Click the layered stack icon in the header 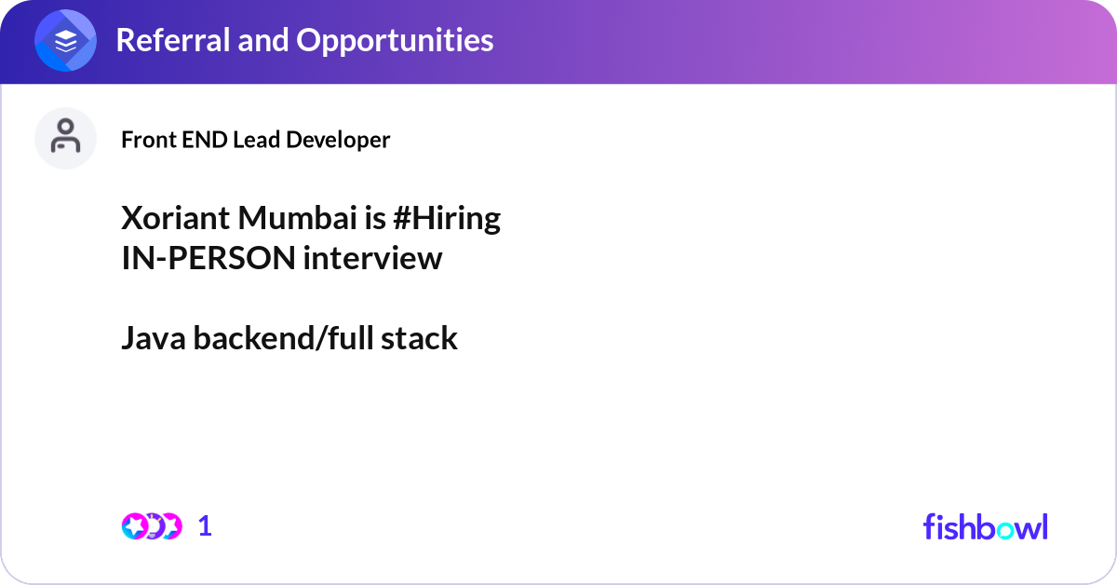pos(65,40)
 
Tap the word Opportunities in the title pos(395,41)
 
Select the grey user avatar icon pos(65,138)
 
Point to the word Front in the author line pos(149,140)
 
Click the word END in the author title pos(205,140)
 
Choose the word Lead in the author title pos(256,140)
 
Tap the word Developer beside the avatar pos(338,141)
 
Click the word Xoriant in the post pos(176,218)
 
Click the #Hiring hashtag pos(447,220)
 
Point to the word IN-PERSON pos(209,258)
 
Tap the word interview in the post pos(372,258)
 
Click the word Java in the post pos(154,338)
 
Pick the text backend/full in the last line pos(283,338)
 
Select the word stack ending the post pos(419,338)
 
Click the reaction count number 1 pos(205,526)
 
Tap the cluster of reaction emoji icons pos(152,526)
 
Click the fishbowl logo pos(986,526)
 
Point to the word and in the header pos(262,40)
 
